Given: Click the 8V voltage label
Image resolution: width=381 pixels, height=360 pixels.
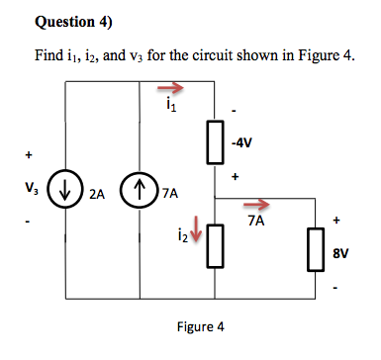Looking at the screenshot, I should point(339,253).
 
